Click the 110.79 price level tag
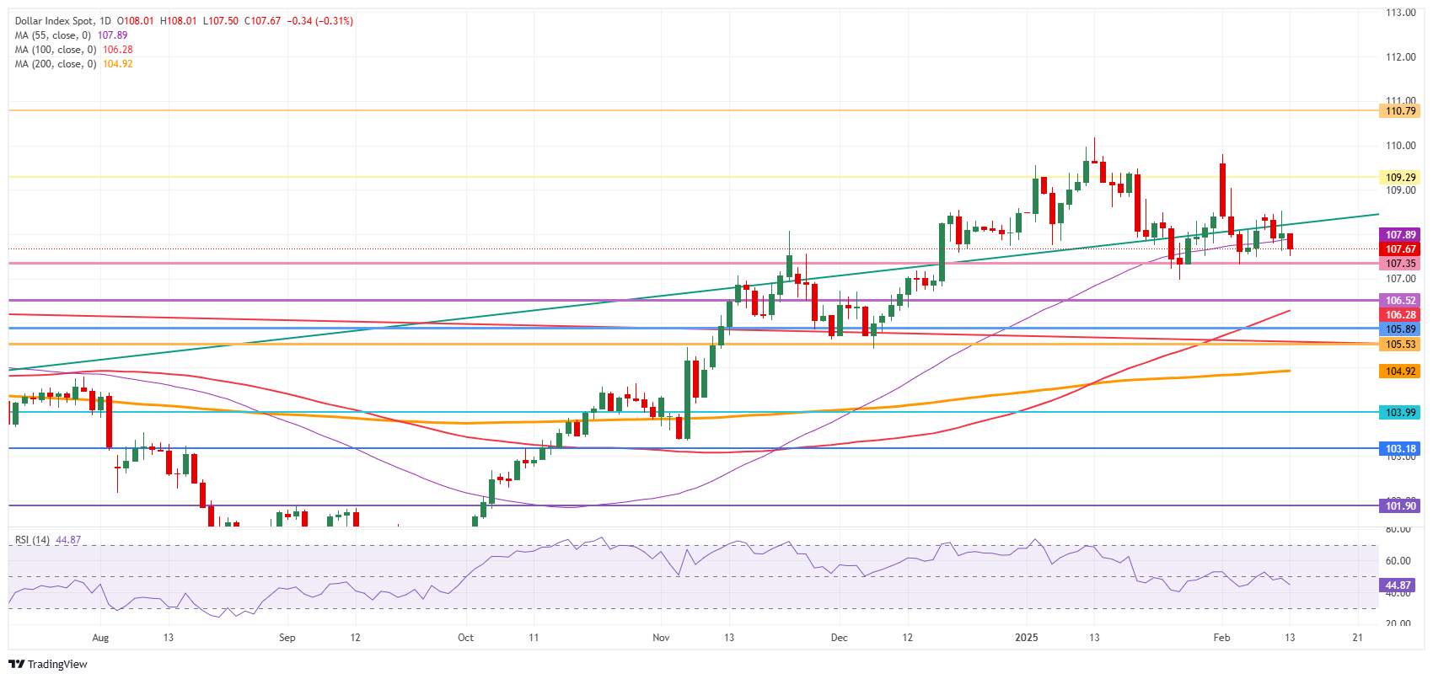pyautogui.click(x=1400, y=111)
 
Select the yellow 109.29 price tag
pyautogui.click(x=1400, y=178)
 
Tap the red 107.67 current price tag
pyautogui.click(x=1400, y=249)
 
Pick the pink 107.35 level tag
pyautogui.click(x=1400, y=264)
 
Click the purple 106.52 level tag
pyautogui.click(x=1400, y=301)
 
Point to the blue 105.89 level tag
pyautogui.click(x=1400, y=329)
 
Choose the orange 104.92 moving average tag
pyautogui.click(x=1400, y=372)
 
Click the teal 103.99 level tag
pyautogui.click(x=1400, y=413)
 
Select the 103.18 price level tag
pyautogui.click(x=1400, y=449)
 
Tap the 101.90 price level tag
pyautogui.click(x=1400, y=506)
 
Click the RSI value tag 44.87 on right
pyautogui.click(x=1398, y=585)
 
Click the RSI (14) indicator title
pyautogui.click(x=32, y=540)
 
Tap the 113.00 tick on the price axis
pyautogui.click(x=1400, y=13)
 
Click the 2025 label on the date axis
pyautogui.click(x=1026, y=638)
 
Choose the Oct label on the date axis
pyautogui.click(x=465, y=638)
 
